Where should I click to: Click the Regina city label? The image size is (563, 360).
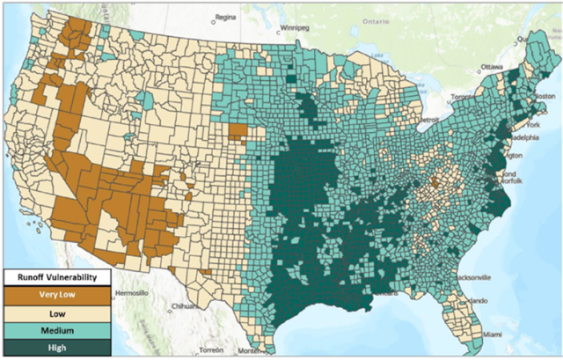coord(227,16)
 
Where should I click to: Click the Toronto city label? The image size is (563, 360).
coord(463,97)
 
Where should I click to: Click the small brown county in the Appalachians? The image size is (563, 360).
coord(435,183)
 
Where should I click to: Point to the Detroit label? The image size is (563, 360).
coord(428,118)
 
